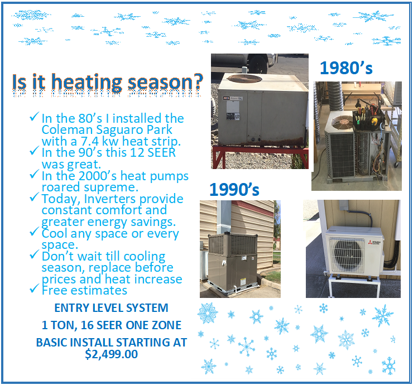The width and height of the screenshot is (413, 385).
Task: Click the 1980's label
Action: pyautogui.click(x=345, y=69)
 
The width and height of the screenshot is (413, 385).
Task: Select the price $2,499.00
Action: pyautogui.click(x=111, y=354)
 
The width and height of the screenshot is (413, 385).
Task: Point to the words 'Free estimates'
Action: pyautogui.click(x=84, y=290)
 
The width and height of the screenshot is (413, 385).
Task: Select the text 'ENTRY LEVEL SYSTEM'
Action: pyautogui.click(x=111, y=308)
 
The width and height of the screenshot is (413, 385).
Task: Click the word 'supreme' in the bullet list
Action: pyautogui.click(x=107, y=187)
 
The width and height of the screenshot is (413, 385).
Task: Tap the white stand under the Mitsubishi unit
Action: pyautogui.click(x=357, y=285)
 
